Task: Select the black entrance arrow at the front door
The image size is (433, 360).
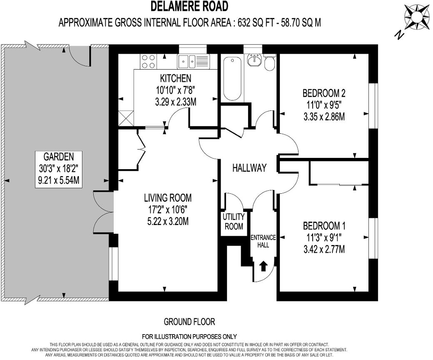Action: (263, 266)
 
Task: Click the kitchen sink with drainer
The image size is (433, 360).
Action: (193, 62)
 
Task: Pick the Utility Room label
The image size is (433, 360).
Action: (234, 222)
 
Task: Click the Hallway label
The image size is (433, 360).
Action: (249, 168)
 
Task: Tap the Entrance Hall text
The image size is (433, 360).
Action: (263, 241)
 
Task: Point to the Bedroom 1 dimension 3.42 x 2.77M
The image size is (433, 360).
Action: (324, 249)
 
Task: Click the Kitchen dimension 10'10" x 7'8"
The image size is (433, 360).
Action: (175, 90)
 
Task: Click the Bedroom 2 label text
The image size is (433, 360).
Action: (324, 93)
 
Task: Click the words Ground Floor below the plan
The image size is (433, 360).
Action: (189, 322)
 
